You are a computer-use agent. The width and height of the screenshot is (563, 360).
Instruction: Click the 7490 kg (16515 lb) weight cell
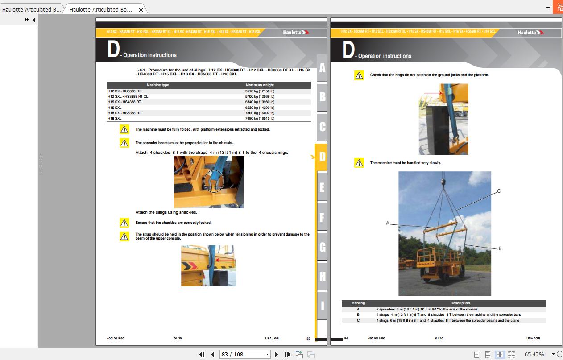pyautogui.click(x=260, y=119)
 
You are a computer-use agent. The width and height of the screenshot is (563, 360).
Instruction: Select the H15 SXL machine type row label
pyautogui.click(x=115, y=108)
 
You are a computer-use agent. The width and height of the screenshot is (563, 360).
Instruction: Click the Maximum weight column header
pyautogui.click(x=260, y=85)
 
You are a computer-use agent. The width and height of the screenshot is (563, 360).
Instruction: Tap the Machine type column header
pyautogui.click(x=157, y=85)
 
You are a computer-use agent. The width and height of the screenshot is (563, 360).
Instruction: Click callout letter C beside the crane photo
pyautogui.click(x=499, y=191)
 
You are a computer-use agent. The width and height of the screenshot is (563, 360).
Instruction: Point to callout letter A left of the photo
pyautogui.click(x=387, y=223)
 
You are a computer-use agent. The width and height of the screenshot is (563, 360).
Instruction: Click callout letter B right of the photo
pyautogui.click(x=500, y=248)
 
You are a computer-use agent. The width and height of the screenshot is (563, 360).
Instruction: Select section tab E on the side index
pyautogui.click(x=322, y=187)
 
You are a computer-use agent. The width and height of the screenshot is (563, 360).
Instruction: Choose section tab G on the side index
pyautogui.click(x=322, y=247)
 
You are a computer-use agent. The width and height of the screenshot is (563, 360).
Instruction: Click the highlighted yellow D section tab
pyautogui.click(x=321, y=157)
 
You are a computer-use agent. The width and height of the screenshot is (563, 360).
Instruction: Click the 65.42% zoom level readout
pyautogui.click(x=534, y=354)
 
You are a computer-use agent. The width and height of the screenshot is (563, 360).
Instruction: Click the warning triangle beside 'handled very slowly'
pyautogui.click(x=359, y=163)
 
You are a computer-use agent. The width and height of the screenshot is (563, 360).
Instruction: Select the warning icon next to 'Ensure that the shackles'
pyautogui.click(x=124, y=223)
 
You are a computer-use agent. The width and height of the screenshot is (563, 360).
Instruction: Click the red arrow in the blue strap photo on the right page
pyautogui.click(x=432, y=93)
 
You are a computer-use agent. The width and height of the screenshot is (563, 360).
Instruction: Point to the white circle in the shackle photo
pyautogui.click(x=213, y=180)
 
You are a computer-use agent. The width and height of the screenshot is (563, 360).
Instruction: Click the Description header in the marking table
pyautogui.click(x=460, y=303)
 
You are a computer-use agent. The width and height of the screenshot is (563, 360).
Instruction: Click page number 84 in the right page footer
pyautogui.click(x=346, y=339)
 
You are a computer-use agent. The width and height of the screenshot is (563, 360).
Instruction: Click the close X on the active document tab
pyautogui.click(x=141, y=9)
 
